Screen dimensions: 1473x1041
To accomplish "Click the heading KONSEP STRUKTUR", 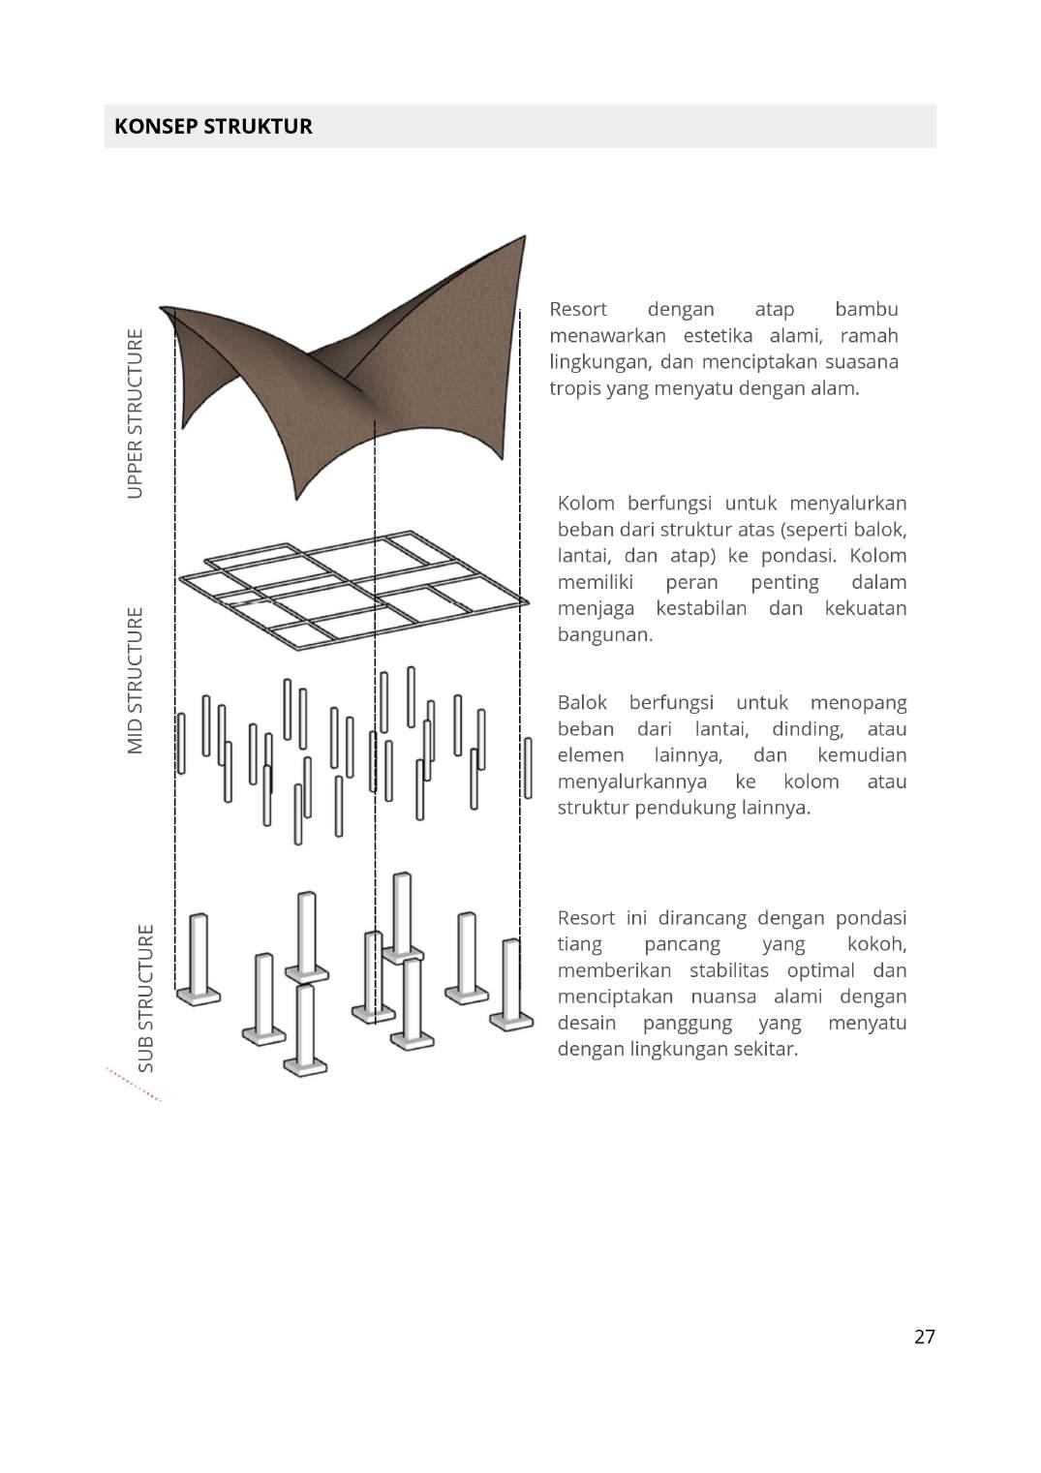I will pyautogui.click(x=213, y=127).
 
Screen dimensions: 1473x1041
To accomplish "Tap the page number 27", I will pyautogui.click(x=924, y=1336).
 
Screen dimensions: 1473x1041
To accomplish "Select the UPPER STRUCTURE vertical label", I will pyautogui.click(x=135, y=414).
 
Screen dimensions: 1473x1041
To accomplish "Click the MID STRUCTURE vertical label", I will pyautogui.click(x=135, y=680).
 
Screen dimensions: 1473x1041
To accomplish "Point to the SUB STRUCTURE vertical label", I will pyautogui.click(x=145, y=997).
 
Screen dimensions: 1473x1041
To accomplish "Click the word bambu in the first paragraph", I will pyautogui.click(x=866, y=309).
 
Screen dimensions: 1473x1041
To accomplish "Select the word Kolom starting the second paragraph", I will pyautogui.click(x=586, y=504).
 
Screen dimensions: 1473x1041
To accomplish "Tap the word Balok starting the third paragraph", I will pyautogui.click(x=582, y=702).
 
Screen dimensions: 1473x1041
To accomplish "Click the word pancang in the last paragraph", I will pyautogui.click(x=682, y=944).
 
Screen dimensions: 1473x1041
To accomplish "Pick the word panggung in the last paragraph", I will pyautogui.click(x=682, y=1023).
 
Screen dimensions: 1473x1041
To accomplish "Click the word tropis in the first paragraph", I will pyautogui.click(x=574, y=388).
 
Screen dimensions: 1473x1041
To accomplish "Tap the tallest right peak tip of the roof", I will pyautogui.click(x=524, y=238).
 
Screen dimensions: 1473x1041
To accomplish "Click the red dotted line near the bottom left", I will pyautogui.click(x=133, y=1085).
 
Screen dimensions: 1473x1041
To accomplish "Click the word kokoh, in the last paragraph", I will pyautogui.click(x=876, y=944).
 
